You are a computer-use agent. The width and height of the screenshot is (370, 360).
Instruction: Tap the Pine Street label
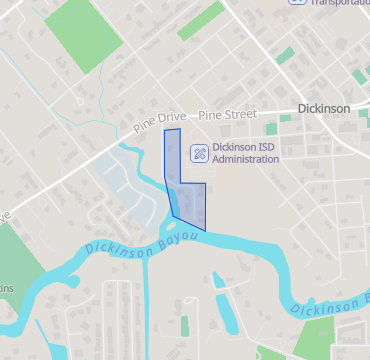[x=227, y=115]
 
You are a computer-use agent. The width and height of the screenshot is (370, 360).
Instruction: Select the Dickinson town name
[x=324, y=108]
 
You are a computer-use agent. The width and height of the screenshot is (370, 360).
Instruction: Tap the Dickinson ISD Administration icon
[x=199, y=153]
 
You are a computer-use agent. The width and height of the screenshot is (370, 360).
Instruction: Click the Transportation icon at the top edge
[x=297, y=2]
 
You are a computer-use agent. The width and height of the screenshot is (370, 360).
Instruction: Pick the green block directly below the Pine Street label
[x=270, y=128]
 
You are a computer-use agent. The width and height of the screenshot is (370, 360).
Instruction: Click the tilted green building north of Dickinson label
[x=286, y=55]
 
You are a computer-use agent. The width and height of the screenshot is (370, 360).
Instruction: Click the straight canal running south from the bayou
[x=148, y=310]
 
